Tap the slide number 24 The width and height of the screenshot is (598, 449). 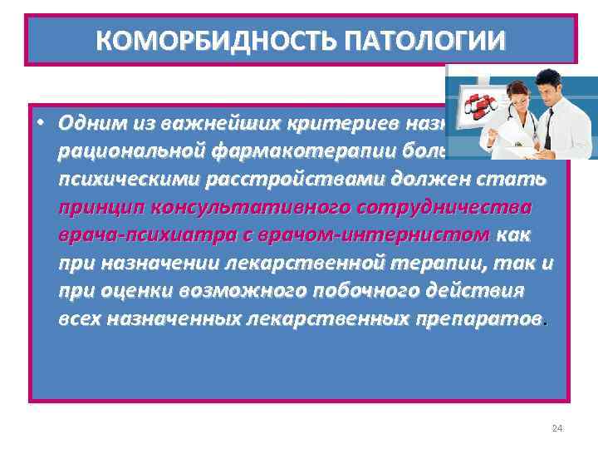click(557, 427)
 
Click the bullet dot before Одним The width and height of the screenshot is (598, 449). click(38, 121)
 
